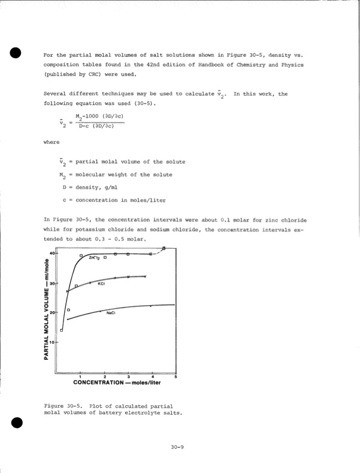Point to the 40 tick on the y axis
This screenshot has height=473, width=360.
click(52, 254)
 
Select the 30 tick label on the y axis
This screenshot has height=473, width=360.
click(52, 283)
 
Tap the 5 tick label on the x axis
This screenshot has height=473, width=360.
click(176, 376)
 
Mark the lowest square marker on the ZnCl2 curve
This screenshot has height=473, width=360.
click(62, 330)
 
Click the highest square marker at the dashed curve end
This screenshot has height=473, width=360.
click(164, 249)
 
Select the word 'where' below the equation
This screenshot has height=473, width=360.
click(52, 142)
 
